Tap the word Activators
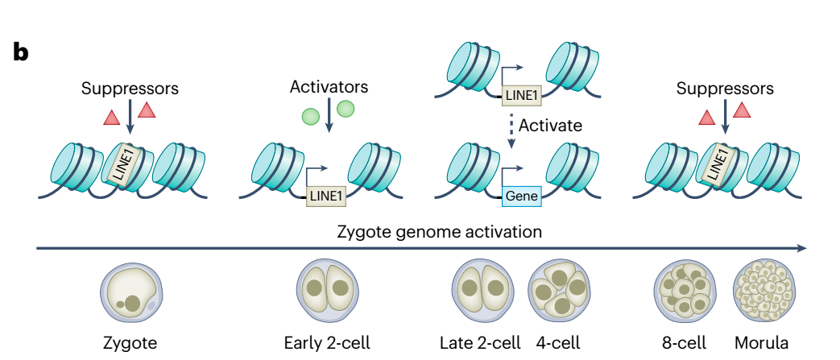point(329,86)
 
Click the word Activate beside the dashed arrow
point(550,126)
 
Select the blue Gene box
point(521,196)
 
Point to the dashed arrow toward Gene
point(511,129)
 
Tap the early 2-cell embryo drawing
point(327,290)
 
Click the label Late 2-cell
point(480,342)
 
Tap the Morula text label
point(761,342)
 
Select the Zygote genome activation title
point(439,232)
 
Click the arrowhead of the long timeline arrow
point(802,248)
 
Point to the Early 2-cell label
point(327,342)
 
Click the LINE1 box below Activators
point(326,196)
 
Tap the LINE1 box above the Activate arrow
point(521,96)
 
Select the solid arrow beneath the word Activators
point(329,114)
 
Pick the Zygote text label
point(131,343)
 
